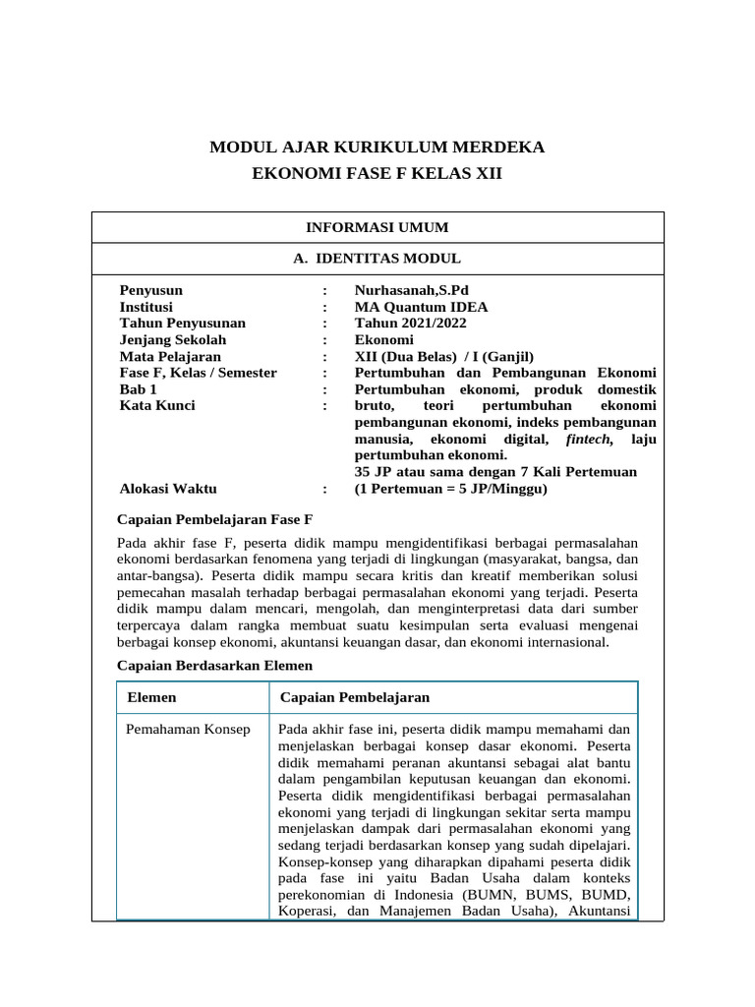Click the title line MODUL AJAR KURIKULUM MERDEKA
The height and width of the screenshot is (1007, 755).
coord(377,148)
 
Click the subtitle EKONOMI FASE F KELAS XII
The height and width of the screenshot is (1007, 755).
coord(377,174)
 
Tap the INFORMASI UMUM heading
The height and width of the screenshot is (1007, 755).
coord(377,227)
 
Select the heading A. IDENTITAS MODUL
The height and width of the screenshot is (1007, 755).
coord(377,259)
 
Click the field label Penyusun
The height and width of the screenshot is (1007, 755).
coord(150,290)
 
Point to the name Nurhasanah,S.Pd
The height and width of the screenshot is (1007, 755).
coord(408,290)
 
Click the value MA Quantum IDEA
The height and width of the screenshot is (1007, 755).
coord(421,307)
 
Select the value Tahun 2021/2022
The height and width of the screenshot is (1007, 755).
coord(410,323)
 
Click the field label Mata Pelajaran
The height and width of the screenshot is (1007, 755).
coord(170,356)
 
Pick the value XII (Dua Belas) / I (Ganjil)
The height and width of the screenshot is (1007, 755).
coord(444,356)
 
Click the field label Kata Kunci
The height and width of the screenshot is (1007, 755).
coord(157,405)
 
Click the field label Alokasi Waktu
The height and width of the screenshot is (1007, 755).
coord(168,489)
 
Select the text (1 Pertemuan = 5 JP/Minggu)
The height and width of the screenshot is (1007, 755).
coord(450,489)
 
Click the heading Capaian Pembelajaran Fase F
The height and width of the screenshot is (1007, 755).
coord(213,518)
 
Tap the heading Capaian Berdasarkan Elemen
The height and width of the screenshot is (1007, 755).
coord(214,666)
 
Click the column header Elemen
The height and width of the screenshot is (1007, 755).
coord(152,697)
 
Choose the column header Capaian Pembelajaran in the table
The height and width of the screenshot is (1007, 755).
coord(355,697)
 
